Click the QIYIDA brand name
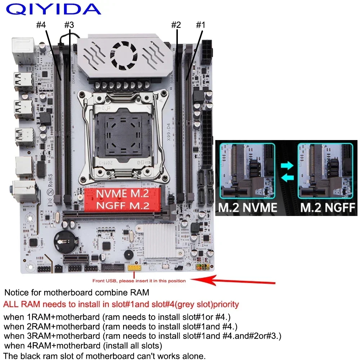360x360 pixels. (x=53, y=9)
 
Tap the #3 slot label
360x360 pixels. (x=69, y=25)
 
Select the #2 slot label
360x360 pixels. (x=176, y=25)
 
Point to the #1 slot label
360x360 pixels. (x=200, y=25)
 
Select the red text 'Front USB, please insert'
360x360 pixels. (x=139, y=281)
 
